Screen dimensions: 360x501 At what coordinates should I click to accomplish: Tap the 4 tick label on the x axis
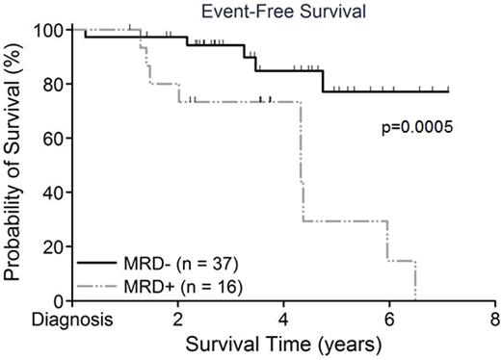[x=283, y=319]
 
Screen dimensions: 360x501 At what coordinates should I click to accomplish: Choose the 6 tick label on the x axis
[x=389, y=319]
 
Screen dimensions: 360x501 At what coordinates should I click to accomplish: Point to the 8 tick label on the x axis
[x=494, y=319]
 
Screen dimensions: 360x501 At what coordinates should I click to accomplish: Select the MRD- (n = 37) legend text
[x=165, y=262]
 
